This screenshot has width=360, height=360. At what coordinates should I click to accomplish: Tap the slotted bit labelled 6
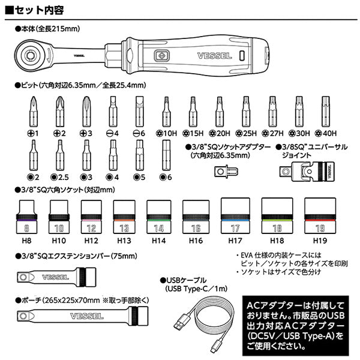(x=139, y=110)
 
